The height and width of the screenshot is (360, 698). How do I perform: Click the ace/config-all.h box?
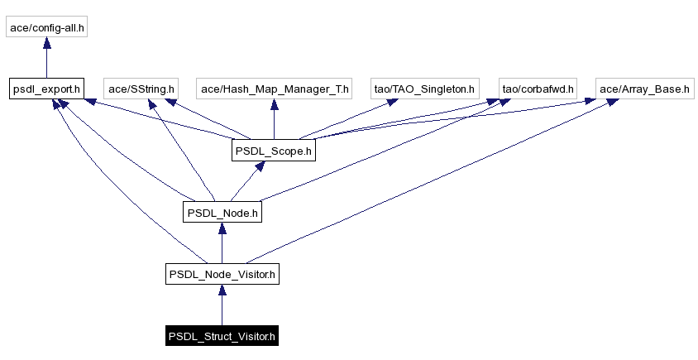point(46,27)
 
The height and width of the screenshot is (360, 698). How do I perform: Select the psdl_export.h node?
point(46,89)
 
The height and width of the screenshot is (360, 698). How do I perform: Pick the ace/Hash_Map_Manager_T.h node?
point(274,89)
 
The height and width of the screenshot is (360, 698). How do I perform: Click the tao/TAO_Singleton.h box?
point(424,89)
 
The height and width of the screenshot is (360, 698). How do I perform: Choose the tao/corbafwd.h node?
point(538,89)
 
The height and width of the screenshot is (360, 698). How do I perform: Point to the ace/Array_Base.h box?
point(644,89)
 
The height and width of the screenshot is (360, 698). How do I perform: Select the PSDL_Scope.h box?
point(273,151)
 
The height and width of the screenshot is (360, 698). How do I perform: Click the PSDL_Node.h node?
point(222,213)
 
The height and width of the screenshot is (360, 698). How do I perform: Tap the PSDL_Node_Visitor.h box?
point(222,274)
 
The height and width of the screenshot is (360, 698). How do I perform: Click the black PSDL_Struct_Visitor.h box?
point(222,337)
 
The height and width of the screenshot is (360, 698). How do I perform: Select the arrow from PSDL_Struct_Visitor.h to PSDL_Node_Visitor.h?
point(222,306)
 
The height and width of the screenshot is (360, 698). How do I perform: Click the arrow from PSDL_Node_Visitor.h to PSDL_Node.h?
point(222,244)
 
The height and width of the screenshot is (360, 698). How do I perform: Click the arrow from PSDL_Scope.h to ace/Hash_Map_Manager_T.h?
point(274,121)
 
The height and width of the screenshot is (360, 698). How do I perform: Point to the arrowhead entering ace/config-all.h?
point(46,44)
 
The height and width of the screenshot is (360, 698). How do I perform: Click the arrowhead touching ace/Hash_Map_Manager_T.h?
point(274,105)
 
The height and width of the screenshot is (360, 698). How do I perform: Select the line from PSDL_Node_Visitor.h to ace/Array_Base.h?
point(430,182)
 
